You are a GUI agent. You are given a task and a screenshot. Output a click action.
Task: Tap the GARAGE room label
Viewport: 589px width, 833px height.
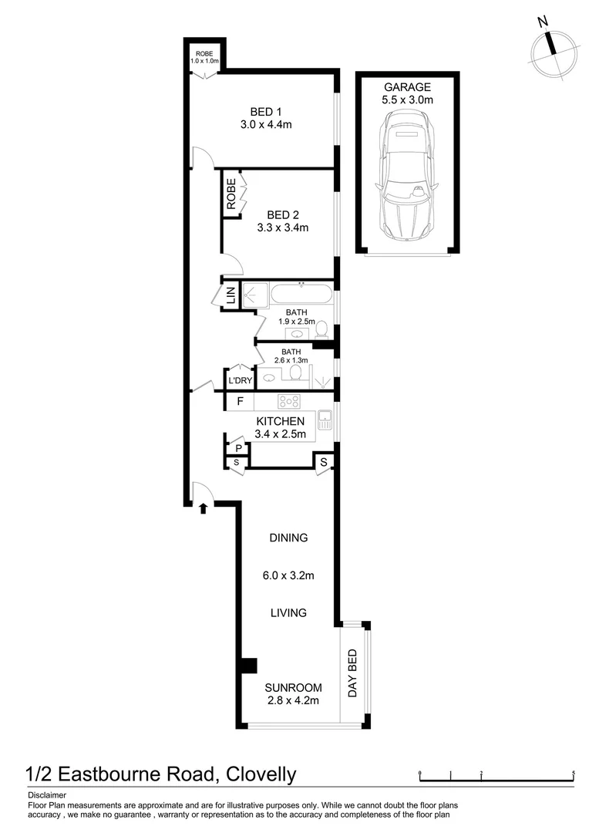(x=406, y=87)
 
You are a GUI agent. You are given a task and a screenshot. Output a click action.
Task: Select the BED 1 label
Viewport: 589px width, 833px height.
(x=265, y=111)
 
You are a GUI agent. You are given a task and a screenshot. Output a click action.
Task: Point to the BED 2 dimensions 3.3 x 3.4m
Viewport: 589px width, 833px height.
(x=282, y=228)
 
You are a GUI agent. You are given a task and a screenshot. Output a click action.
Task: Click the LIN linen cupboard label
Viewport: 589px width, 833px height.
(x=230, y=295)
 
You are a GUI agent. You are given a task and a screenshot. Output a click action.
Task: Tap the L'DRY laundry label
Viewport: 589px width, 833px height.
(x=239, y=380)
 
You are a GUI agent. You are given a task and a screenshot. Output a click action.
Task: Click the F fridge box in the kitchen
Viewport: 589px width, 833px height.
(x=240, y=401)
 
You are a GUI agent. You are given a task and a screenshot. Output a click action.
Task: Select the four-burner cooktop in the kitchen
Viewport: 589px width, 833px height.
(x=289, y=401)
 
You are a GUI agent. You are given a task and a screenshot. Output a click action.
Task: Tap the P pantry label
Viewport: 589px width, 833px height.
(x=238, y=447)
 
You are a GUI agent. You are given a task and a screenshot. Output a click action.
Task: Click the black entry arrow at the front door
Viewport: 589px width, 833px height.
(x=202, y=508)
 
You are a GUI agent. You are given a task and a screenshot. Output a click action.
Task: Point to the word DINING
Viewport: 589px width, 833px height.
(x=289, y=538)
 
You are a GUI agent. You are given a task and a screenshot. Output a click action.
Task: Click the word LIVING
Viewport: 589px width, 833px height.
(x=288, y=612)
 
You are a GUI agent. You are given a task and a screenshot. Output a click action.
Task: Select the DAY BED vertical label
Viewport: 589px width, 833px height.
(x=352, y=673)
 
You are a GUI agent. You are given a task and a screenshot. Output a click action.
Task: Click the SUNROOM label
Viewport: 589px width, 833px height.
(x=292, y=687)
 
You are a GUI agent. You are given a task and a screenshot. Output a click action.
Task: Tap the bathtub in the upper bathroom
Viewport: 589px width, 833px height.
(x=301, y=295)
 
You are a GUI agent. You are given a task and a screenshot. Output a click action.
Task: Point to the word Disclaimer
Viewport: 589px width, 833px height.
(x=48, y=795)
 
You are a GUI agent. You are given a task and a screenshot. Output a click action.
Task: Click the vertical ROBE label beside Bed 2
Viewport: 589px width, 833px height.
(x=231, y=195)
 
